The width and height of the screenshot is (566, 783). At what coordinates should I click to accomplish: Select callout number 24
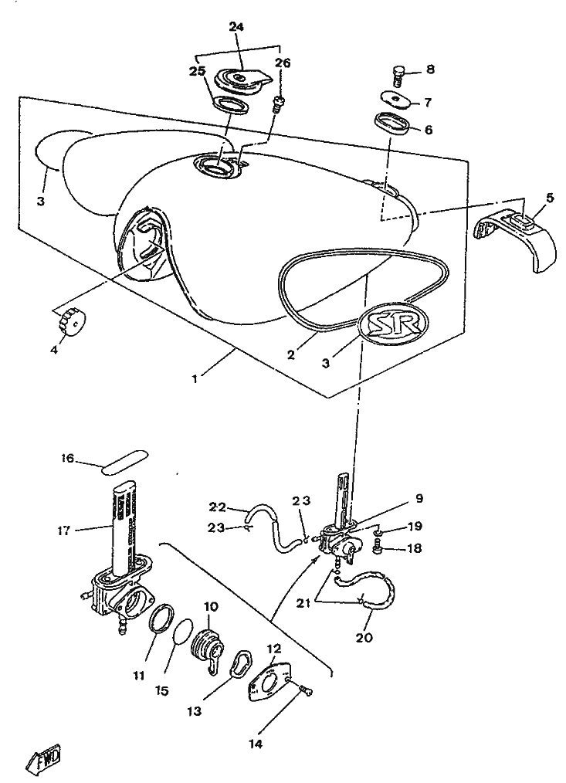(236, 28)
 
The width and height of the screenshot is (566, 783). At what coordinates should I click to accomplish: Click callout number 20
(364, 638)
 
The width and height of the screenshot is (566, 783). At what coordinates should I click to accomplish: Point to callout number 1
(195, 378)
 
